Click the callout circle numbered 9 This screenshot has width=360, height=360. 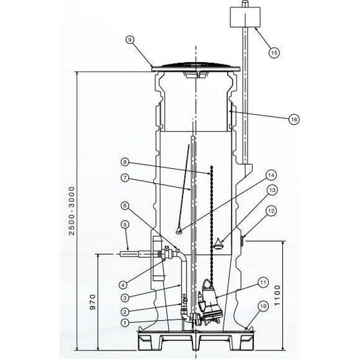point(130,40)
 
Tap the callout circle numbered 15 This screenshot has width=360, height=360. point(274,53)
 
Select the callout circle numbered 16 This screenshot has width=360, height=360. point(294,120)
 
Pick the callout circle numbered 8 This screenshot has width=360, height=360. point(125,162)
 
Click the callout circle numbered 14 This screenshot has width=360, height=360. point(271,176)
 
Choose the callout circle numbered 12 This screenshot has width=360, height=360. point(271,211)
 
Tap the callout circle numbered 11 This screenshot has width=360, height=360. point(263,282)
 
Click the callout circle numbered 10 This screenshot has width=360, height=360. point(263,306)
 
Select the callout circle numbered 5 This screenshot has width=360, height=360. point(125,225)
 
